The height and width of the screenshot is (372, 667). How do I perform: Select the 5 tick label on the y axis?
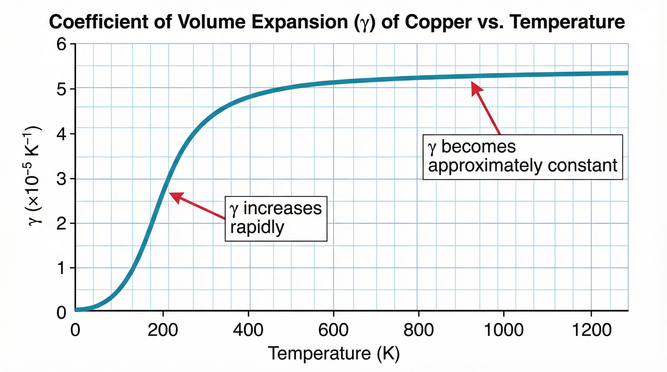62,89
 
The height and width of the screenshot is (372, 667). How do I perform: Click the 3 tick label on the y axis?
62,179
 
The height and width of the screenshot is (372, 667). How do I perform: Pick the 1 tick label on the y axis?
62,268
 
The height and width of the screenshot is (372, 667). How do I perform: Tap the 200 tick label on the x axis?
163,330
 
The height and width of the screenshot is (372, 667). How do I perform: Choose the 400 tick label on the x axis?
248,330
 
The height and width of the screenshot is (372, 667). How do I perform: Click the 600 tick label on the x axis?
333,330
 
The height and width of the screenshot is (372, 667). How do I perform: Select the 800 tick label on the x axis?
418,330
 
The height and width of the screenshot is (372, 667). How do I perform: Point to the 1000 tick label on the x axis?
504,330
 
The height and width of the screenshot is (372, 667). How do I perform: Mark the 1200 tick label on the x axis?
591,330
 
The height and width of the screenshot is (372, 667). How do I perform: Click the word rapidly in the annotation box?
257,228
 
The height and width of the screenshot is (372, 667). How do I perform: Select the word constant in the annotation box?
583,166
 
